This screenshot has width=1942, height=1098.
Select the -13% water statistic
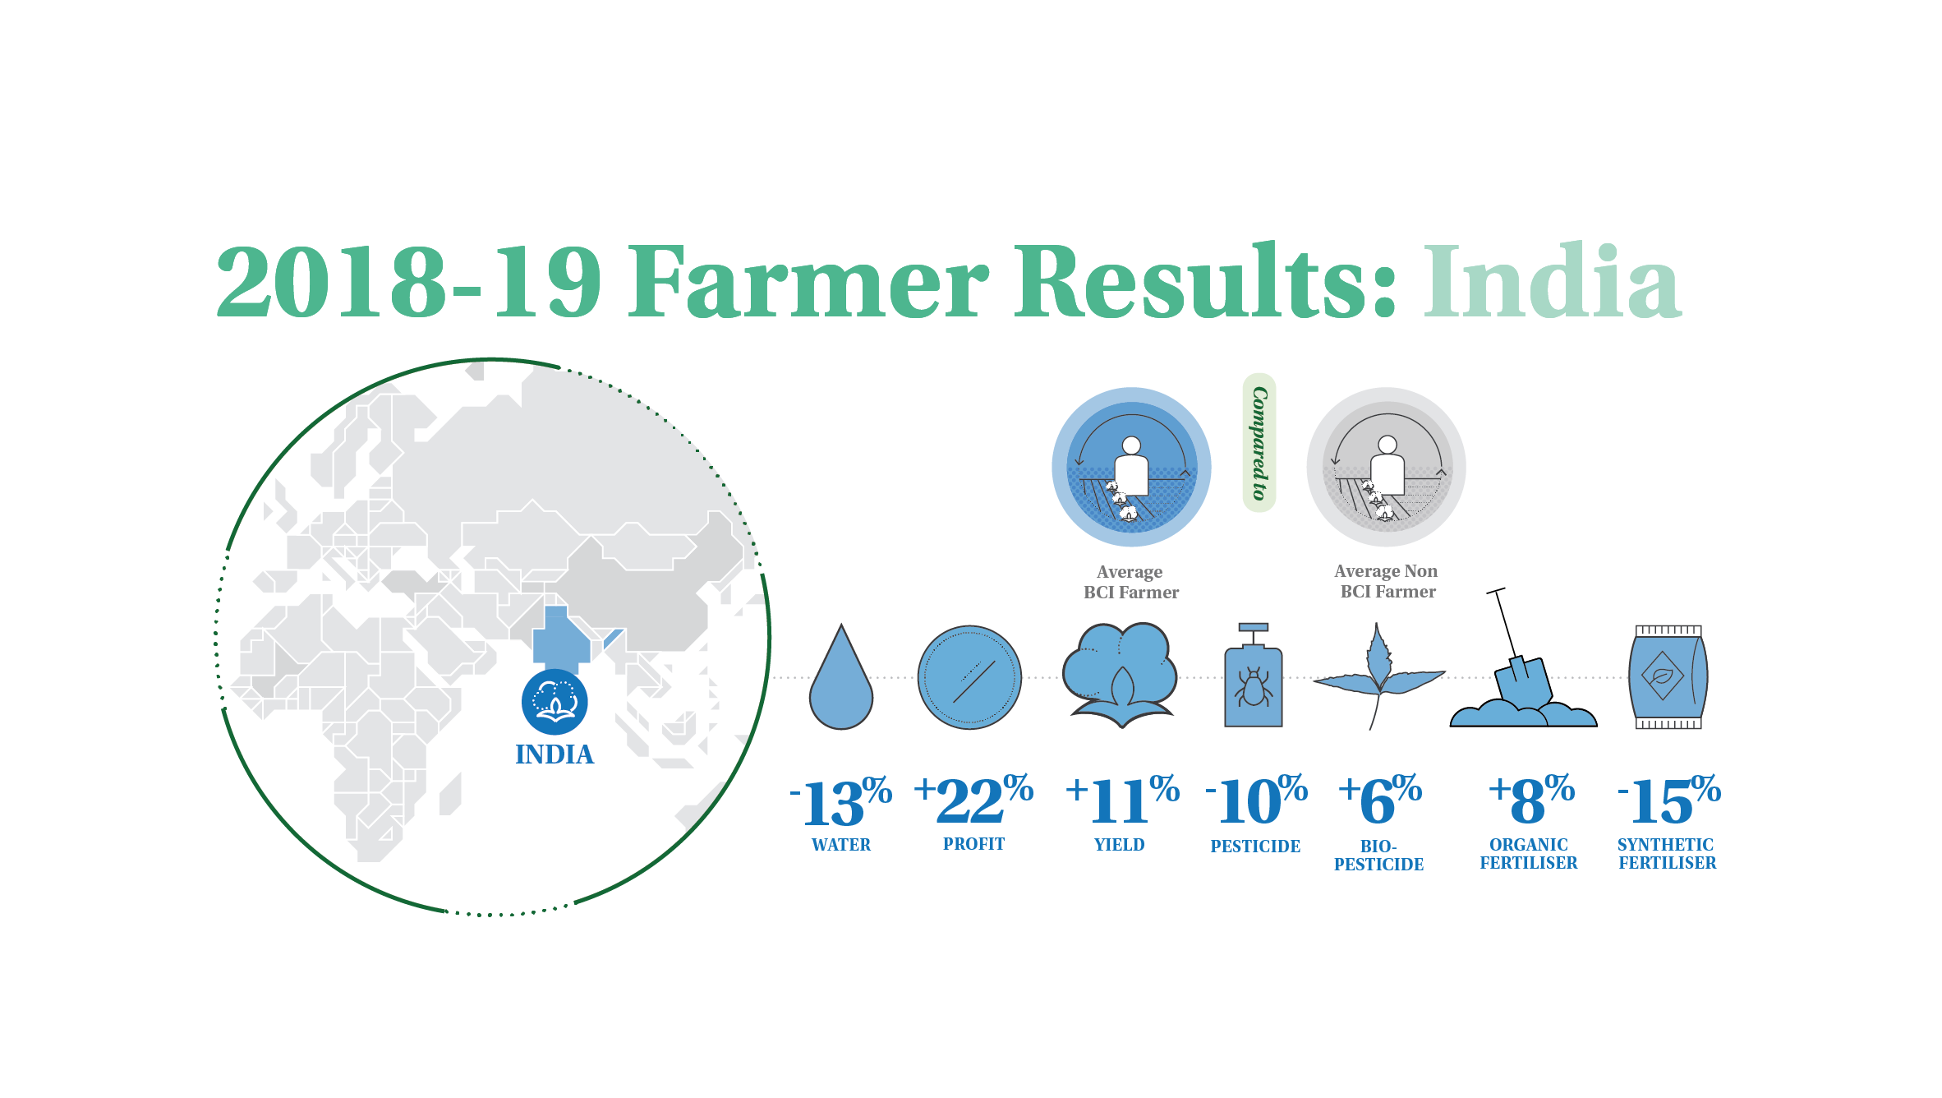[840, 800]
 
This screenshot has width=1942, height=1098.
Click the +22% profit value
[973, 799]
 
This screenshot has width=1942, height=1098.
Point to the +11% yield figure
[1122, 800]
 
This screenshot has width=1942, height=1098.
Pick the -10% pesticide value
[1256, 800]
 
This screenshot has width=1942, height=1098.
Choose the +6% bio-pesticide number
[1380, 800]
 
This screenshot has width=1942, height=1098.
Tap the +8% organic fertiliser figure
[1531, 800]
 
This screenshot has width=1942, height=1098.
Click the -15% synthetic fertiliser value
[1668, 800]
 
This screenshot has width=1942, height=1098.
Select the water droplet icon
[841, 677]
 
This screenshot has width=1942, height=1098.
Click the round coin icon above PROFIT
[969, 678]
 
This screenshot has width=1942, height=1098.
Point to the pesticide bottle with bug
[1254, 676]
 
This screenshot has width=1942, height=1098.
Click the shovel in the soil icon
[1523, 658]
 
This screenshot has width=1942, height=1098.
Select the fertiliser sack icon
[1668, 677]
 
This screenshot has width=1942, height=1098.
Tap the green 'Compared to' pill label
[1259, 443]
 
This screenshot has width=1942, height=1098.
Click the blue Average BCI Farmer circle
[1131, 467]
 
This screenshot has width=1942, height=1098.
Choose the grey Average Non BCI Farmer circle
[1387, 467]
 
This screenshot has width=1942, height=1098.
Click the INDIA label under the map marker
[555, 754]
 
